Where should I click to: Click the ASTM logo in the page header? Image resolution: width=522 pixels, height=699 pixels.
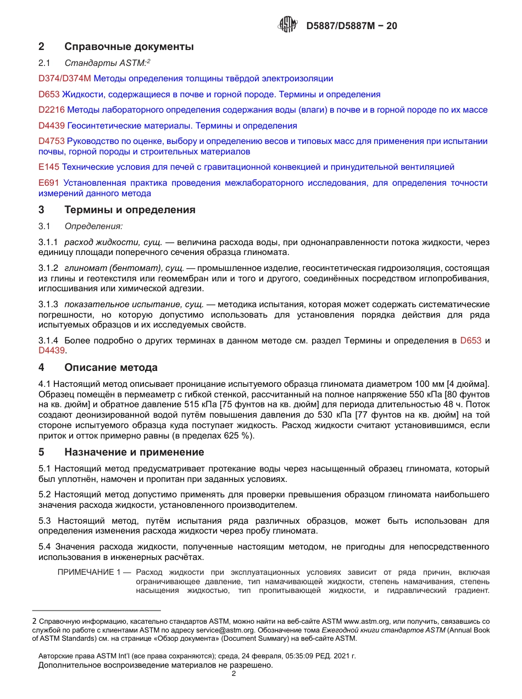287,25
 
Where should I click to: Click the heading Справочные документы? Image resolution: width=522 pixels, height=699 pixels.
129,47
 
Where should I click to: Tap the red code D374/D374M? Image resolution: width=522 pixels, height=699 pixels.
64,79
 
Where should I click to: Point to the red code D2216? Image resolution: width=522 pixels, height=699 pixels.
52,110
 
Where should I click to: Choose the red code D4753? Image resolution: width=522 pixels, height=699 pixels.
52,141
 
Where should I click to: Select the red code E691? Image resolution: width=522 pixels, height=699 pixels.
49,182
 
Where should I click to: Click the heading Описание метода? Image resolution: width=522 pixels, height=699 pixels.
110,368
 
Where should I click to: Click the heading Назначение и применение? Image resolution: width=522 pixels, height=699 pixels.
134,452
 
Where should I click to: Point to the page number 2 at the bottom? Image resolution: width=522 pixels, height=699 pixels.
234,674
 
